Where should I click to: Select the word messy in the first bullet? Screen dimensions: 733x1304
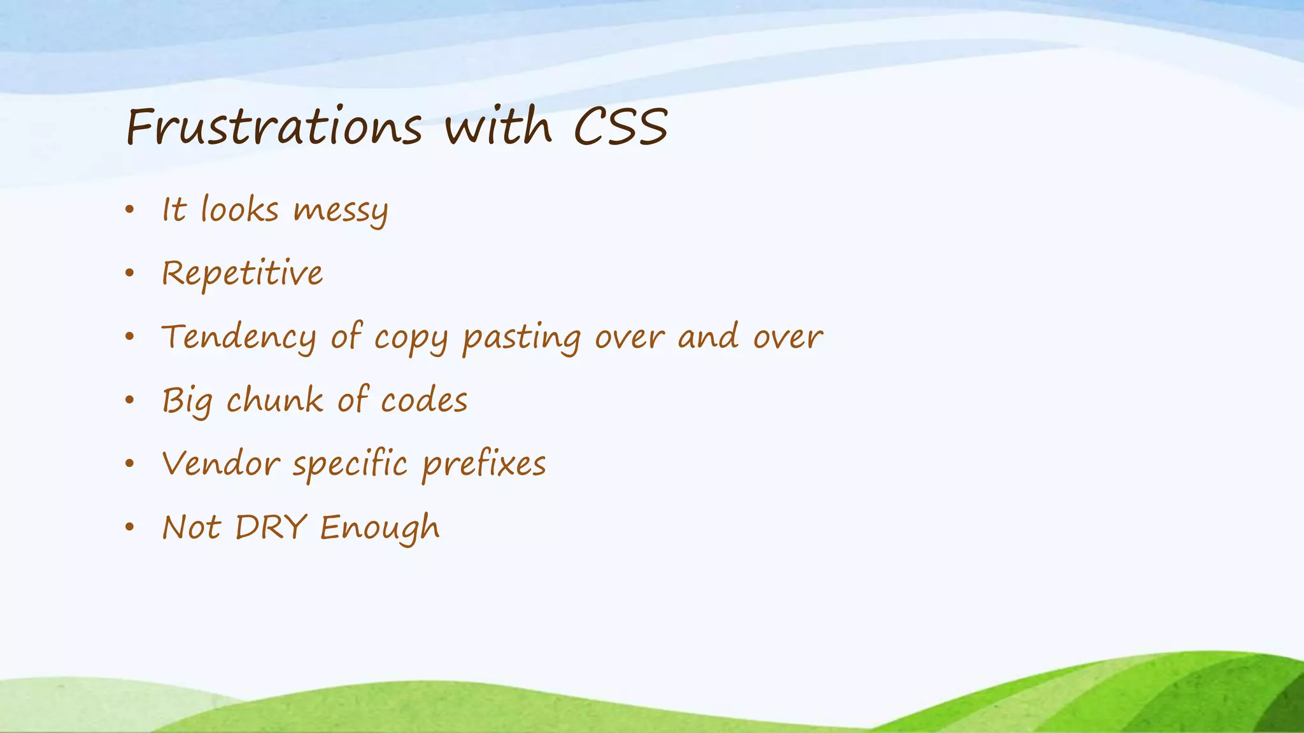341,211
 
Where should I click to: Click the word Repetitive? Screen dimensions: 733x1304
242,274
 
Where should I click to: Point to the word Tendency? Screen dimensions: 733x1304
239,337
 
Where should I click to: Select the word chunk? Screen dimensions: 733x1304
274,400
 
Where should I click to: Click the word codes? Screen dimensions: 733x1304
424,400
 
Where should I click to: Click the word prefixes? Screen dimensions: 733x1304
484,464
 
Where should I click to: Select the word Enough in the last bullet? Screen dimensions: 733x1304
379,528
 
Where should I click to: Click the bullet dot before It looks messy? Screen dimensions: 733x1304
130,209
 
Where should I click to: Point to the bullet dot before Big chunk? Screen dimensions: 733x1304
130,400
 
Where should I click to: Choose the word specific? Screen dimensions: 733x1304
350,464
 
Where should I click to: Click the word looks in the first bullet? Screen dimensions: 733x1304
240,209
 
